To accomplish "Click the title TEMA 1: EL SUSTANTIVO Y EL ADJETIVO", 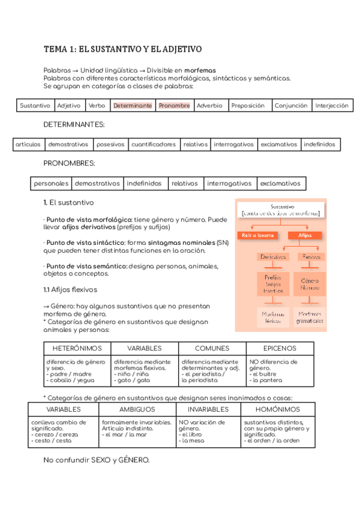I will click(122, 49).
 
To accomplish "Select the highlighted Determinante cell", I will click(133, 106).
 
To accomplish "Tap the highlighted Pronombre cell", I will click(174, 106).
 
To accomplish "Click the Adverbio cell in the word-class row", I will click(209, 106).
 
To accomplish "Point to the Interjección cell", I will click(332, 106).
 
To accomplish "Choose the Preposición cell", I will click(248, 106).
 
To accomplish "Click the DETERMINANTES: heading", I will click(74, 124).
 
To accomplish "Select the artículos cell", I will click(28, 145).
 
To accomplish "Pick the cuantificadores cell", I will click(154, 145).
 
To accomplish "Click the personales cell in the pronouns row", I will click(51, 184).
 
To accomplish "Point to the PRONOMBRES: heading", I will click(69, 163).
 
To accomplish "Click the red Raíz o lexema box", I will click(258, 236).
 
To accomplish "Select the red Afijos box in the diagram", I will click(305, 236).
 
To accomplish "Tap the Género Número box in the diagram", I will click(310, 284).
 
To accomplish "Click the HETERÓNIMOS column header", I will click(77, 348).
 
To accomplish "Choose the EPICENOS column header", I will click(280, 348).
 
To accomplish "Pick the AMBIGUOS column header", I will click(137, 409).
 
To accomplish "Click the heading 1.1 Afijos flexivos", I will click(70, 289).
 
